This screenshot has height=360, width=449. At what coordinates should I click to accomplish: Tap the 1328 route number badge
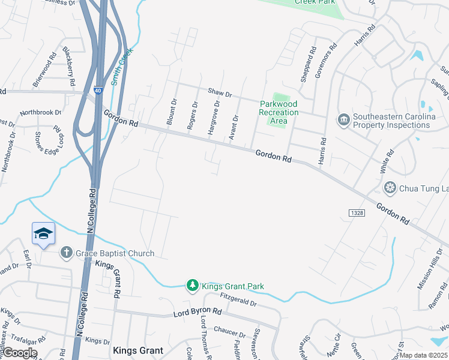click(355, 214)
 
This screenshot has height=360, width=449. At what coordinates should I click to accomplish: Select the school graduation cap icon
click(43, 233)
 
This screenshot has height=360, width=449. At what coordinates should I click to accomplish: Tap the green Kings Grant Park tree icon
click(193, 286)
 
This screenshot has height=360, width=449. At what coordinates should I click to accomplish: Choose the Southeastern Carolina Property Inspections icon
click(343, 121)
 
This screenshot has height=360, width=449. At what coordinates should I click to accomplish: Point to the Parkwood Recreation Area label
click(279, 112)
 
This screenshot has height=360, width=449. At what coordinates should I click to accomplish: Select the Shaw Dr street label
click(218, 92)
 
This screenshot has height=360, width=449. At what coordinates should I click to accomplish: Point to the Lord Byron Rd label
click(197, 313)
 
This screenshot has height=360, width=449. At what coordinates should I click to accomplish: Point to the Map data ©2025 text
click(424, 355)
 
